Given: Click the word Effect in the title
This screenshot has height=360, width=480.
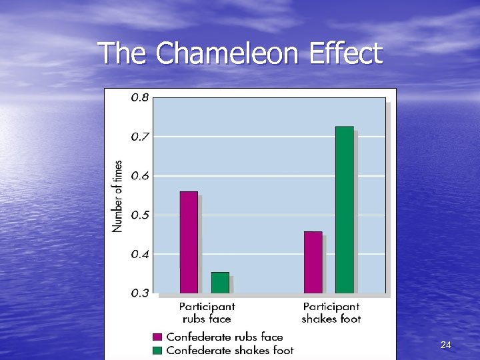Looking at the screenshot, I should tap(345, 53).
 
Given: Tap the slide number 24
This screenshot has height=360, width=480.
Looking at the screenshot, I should tap(446, 345).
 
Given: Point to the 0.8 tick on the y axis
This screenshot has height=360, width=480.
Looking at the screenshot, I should tap(140, 97).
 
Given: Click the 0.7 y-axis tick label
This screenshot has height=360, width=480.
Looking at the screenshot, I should tap(140, 137).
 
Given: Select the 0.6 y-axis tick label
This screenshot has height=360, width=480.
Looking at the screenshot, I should tap(140, 176).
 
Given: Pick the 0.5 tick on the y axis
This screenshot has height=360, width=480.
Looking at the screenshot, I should tap(140, 215).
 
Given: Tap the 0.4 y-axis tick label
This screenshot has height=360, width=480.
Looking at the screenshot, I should tap(140, 254).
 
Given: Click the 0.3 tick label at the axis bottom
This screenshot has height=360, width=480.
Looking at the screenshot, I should tap(140, 293).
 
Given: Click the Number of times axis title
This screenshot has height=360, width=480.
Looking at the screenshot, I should tap(118, 196).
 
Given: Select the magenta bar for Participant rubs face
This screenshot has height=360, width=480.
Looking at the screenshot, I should tap(189, 243).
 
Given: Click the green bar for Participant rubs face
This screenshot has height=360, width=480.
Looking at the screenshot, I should tap(220, 283).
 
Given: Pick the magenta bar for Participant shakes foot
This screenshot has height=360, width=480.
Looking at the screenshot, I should tap(313, 263).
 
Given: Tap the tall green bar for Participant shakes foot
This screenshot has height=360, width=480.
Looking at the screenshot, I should tap(344, 210).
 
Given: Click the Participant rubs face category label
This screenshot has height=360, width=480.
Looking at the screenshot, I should tap(207, 313).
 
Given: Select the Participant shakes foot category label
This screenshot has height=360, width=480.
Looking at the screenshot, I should tap(331, 313).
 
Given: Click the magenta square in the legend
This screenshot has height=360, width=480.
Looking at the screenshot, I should tap(157, 337).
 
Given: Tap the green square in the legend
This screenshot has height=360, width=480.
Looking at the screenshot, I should tap(157, 350).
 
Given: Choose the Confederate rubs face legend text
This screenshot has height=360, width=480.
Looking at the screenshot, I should tap(225, 337).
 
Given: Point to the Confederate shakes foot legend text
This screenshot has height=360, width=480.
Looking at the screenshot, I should tap(230, 350).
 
